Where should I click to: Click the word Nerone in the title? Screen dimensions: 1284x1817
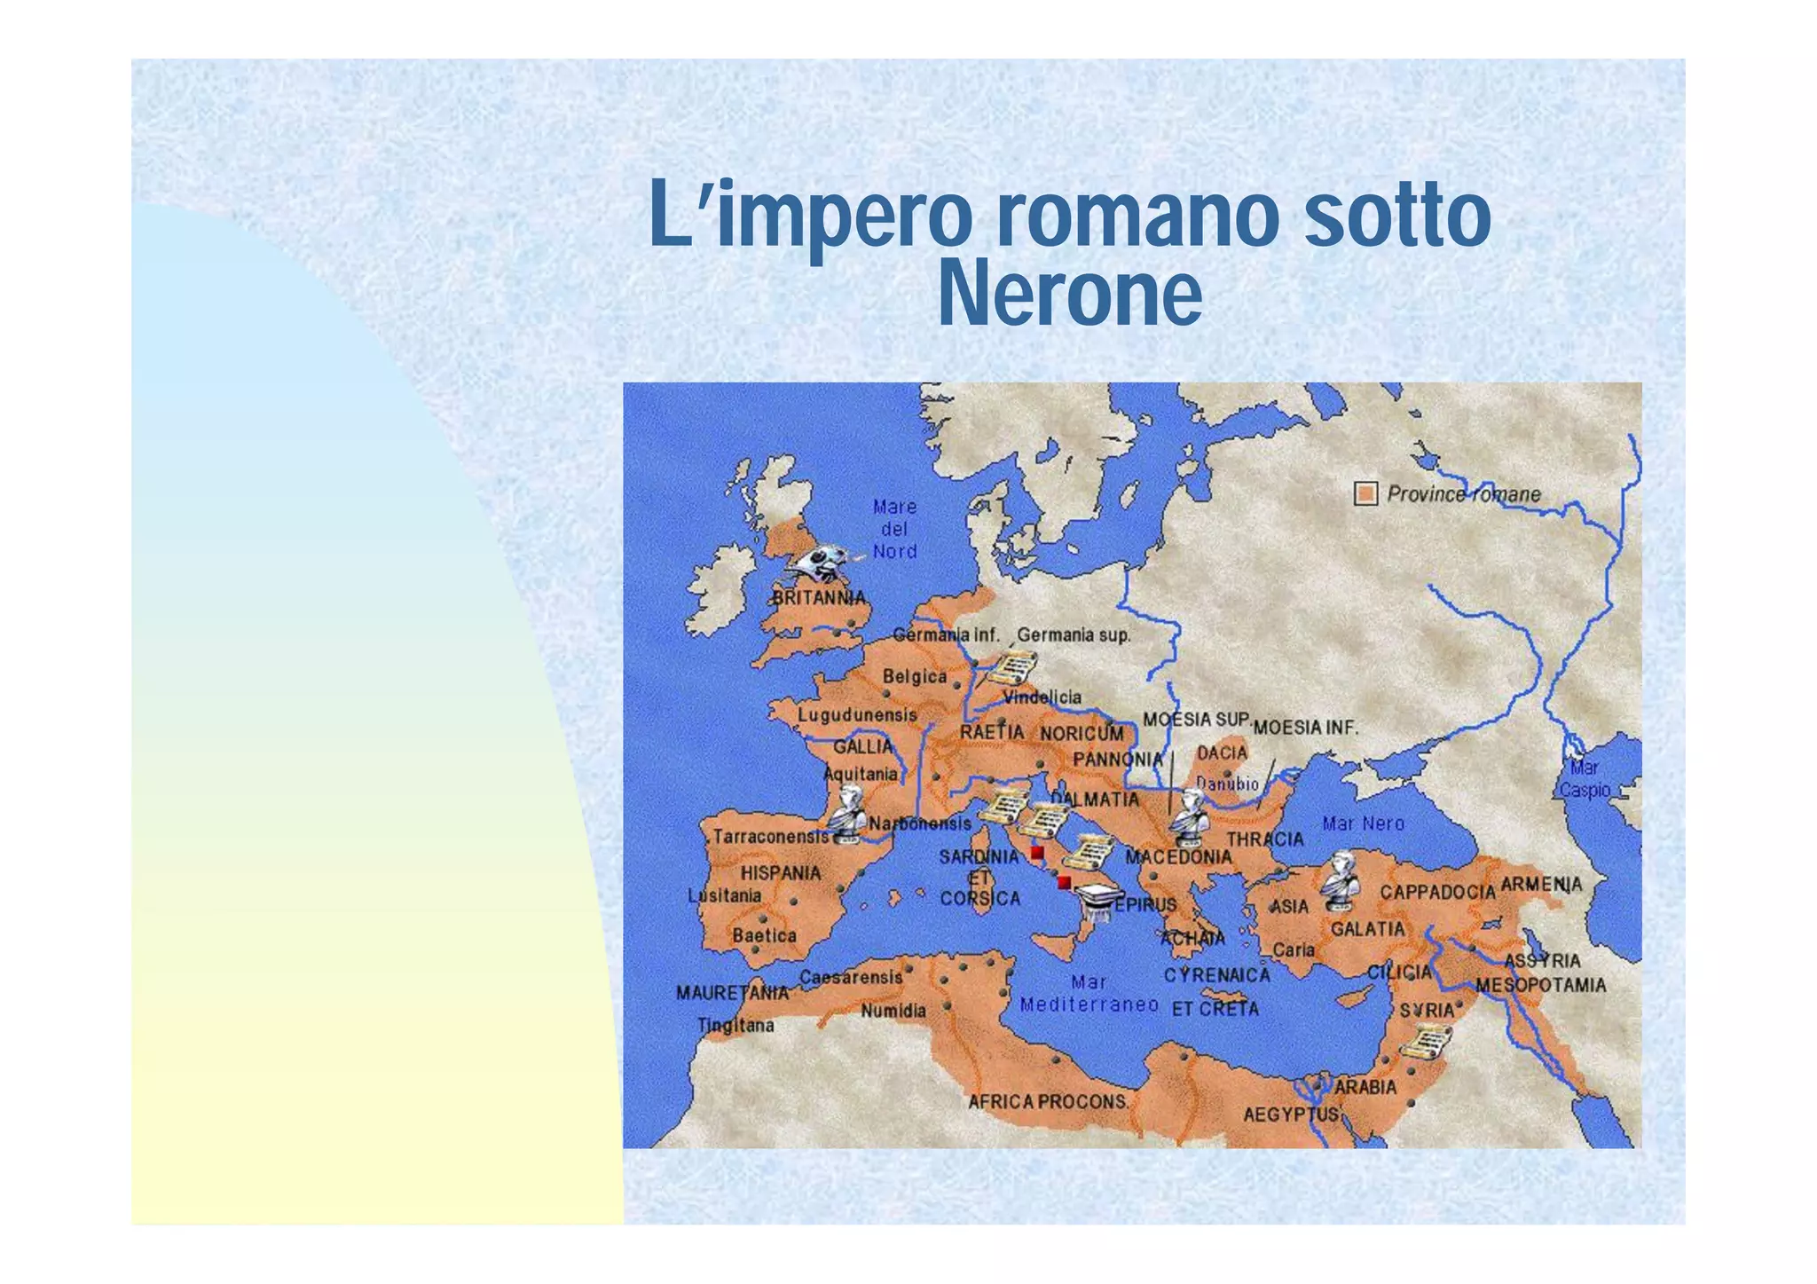[1069, 293]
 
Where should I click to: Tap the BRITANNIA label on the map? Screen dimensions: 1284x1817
[817, 598]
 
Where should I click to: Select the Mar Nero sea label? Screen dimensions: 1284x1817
[1363, 823]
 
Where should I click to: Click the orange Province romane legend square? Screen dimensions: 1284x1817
[1366, 494]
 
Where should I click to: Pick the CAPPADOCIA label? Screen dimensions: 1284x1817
[1437, 892]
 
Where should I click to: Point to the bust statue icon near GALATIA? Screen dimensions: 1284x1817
[1340, 880]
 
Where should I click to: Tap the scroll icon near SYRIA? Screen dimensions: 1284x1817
[1425, 1041]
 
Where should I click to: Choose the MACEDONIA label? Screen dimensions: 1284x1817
[1178, 857]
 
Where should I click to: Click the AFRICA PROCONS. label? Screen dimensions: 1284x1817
[1049, 1102]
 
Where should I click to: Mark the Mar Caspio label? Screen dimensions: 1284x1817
[1585, 779]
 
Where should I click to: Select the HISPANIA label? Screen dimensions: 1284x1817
[781, 873]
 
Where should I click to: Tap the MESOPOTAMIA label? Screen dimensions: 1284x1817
[1540, 985]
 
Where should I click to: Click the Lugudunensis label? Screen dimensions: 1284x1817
[857, 714]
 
